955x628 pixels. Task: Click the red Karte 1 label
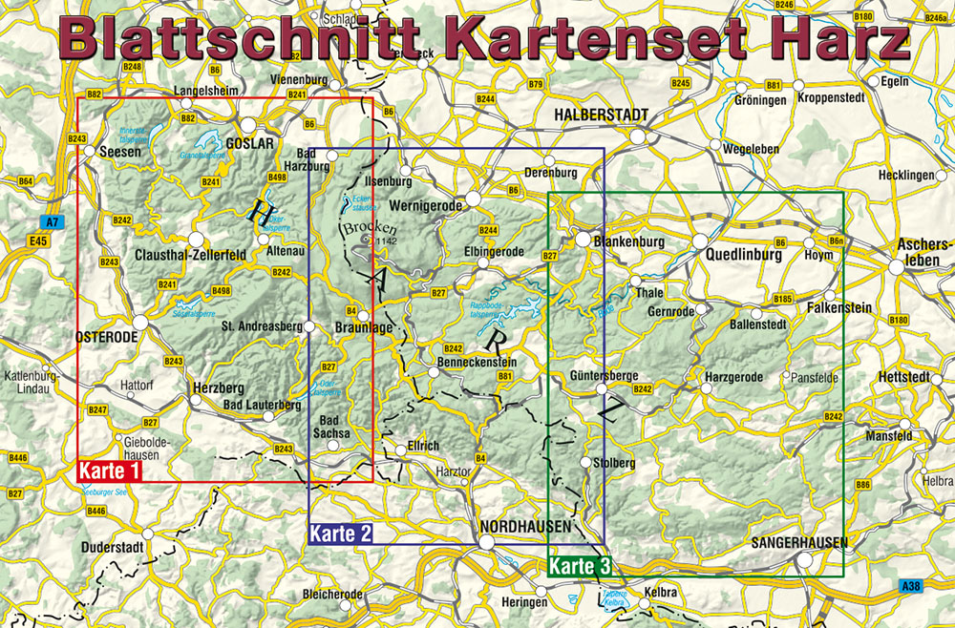[x=110, y=471]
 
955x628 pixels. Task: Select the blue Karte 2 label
[x=340, y=534]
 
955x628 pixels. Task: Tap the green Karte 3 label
[x=580, y=567]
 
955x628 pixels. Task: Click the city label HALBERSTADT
[x=601, y=115]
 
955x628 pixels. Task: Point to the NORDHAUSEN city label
[x=526, y=526]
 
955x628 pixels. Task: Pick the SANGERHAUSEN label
[x=799, y=542]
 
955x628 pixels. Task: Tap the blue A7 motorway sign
[x=50, y=222]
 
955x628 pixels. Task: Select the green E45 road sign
[x=38, y=242]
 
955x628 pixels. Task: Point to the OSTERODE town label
[x=106, y=337]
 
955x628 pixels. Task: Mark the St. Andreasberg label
[x=261, y=326]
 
